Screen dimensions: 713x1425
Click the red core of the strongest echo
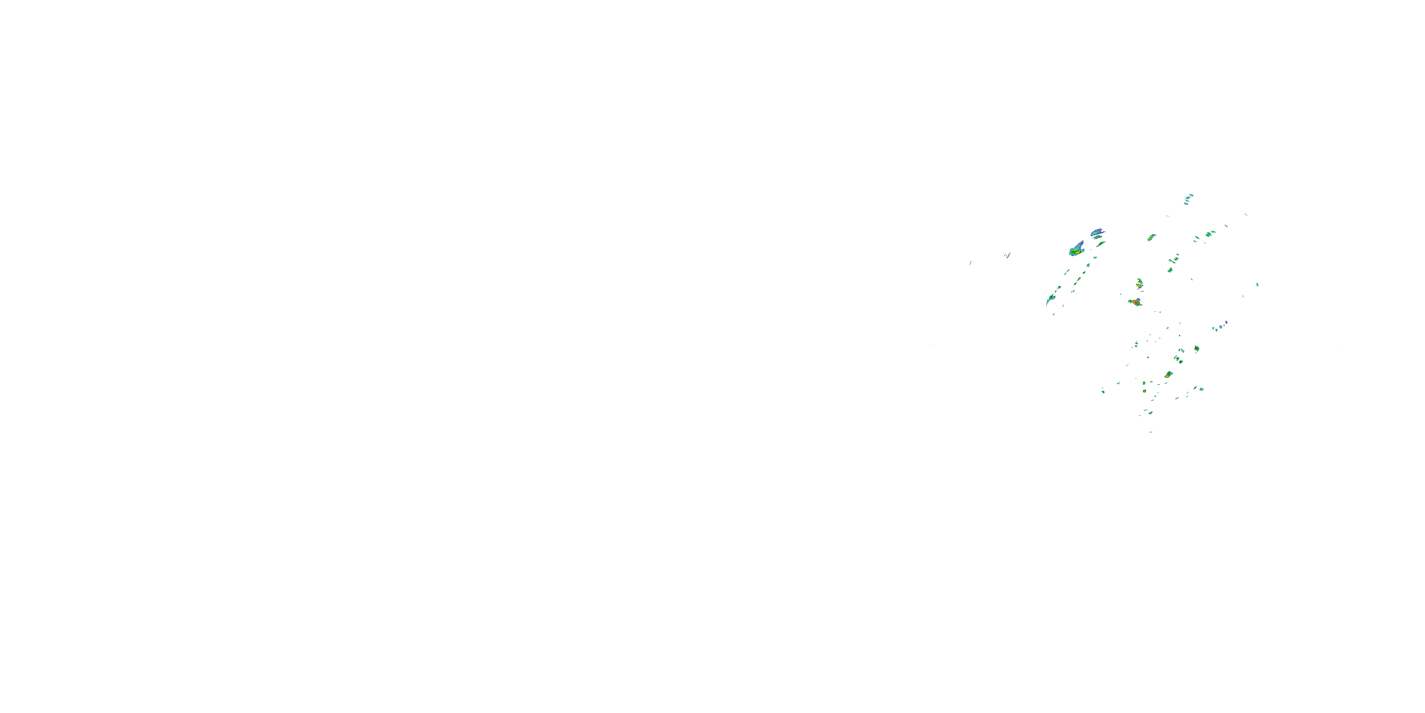[x=1135, y=303]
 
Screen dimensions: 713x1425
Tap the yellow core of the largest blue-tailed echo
[x=1076, y=252]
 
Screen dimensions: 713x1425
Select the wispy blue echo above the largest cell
[x=1097, y=232]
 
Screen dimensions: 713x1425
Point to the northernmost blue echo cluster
[x=1187, y=199]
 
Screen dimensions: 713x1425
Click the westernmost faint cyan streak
[x=970, y=263]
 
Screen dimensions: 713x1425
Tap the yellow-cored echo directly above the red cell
[x=1139, y=284]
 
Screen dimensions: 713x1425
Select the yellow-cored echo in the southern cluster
[x=1168, y=375]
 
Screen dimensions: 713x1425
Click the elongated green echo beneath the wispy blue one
[x=1101, y=243]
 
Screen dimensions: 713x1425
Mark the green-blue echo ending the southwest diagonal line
[x=1050, y=299]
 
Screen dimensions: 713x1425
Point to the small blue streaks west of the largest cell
[x=1007, y=255]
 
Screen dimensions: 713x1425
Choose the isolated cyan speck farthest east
[x=1257, y=285]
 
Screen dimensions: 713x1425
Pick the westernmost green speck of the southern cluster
[x=1103, y=391]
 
